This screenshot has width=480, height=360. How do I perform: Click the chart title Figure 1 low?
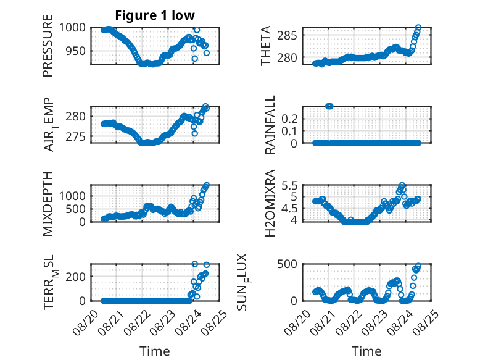click(155, 15)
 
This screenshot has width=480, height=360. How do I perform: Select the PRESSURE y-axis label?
click(48, 46)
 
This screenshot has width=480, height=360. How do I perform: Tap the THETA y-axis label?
click(266, 46)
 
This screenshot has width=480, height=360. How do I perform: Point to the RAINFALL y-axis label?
click(270, 125)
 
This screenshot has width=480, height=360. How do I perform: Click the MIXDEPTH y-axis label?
click(48, 204)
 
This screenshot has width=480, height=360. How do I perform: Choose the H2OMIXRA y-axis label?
click(270, 203)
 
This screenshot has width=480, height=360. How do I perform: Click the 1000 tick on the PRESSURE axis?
click(72, 28)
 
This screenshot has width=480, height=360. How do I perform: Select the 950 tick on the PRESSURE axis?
click(76, 51)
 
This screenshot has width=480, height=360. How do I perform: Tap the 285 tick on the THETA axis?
click(287, 36)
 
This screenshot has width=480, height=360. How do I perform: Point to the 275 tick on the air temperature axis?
click(76, 136)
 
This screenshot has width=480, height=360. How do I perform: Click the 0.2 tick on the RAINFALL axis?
click(289, 119)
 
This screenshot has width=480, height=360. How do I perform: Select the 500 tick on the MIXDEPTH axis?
click(76, 209)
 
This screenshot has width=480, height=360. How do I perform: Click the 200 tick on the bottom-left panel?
click(76, 277)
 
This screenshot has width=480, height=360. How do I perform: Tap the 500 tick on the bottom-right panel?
click(287, 264)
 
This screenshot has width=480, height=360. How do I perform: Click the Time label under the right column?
click(366, 351)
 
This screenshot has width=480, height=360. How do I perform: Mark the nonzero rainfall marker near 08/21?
click(329, 106)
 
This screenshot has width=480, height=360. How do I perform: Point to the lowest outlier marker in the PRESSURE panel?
click(195, 59)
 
